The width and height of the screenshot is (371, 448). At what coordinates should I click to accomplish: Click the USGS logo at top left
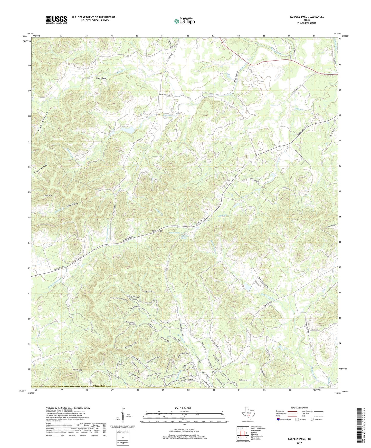pyautogui.click(x=56, y=20)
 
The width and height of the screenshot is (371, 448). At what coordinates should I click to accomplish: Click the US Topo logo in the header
pyautogui.click(x=184, y=21)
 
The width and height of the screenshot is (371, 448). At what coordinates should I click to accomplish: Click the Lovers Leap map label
pyautogui.click(x=101, y=78)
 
